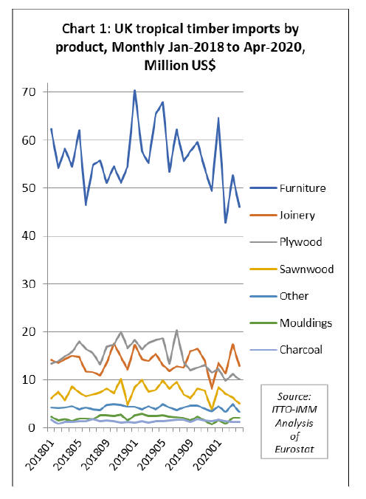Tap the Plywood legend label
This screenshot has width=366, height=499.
click(x=301, y=242)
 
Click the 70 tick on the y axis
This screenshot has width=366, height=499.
click(x=28, y=92)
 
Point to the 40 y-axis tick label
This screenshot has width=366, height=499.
click(x=28, y=236)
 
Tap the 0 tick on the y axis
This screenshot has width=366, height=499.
click(x=32, y=427)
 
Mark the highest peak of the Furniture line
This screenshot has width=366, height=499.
click(x=134, y=90)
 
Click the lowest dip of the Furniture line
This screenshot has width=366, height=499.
click(x=226, y=223)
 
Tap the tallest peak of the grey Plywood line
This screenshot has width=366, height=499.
click(x=176, y=331)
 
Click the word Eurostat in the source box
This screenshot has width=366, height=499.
click(x=294, y=449)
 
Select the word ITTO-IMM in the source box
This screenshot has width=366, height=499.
click(x=294, y=409)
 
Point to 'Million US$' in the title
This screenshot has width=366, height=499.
click(x=180, y=65)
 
